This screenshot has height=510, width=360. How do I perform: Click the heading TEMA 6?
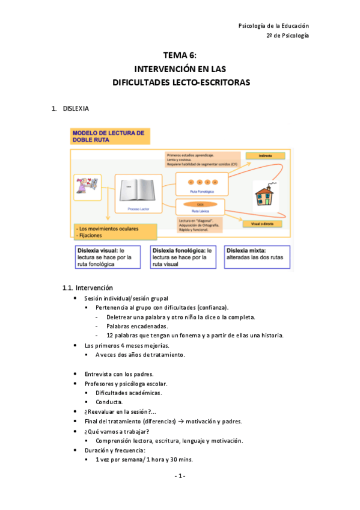point(180,54)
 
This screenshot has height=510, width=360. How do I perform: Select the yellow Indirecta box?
point(265,155)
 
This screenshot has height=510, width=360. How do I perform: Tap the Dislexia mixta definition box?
point(257,253)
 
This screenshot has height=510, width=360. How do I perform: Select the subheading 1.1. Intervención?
point(88,287)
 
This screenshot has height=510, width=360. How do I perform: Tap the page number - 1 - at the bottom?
point(180,476)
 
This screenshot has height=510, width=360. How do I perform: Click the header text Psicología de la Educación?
point(273,26)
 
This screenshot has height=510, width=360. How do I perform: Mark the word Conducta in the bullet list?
point(109,402)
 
